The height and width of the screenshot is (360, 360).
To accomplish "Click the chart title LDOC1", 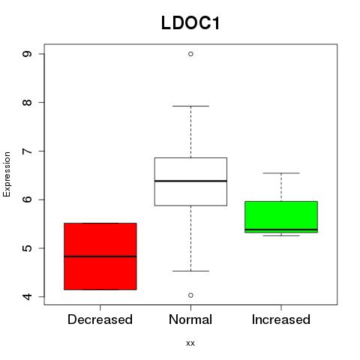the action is [x=190, y=23].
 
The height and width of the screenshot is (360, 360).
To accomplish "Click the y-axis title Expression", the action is [x=7, y=175].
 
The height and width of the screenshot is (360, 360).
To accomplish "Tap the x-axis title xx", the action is [x=190, y=343].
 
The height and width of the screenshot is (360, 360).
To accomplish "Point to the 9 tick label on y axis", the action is [x=27, y=54].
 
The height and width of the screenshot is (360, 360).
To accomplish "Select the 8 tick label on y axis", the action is [x=27, y=103].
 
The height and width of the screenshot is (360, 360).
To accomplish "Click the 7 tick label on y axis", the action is [x=27, y=151].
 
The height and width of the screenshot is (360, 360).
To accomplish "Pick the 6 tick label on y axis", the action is [x=27, y=199].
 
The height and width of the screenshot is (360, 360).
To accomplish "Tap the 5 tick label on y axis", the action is [x=27, y=248].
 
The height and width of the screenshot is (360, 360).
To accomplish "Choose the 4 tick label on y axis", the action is [x=27, y=296].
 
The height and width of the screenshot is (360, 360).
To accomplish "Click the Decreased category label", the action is [x=100, y=319].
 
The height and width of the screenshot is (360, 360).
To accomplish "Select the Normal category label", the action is [x=190, y=319].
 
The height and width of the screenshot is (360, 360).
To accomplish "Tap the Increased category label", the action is [x=281, y=319].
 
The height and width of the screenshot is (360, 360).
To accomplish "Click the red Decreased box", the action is [x=100, y=256].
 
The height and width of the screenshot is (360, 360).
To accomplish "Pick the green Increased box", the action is [x=281, y=217].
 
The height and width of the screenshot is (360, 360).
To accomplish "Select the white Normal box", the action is [x=190, y=181].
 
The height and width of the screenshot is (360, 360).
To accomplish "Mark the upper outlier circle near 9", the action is [x=190, y=54].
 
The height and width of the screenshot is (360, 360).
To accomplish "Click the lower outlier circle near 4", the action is [x=190, y=295].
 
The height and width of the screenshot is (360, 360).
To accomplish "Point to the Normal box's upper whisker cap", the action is [x=190, y=106].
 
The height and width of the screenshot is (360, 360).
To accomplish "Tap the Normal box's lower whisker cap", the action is [x=190, y=271].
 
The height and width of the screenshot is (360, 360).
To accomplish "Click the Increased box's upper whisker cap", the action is [x=281, y=173].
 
